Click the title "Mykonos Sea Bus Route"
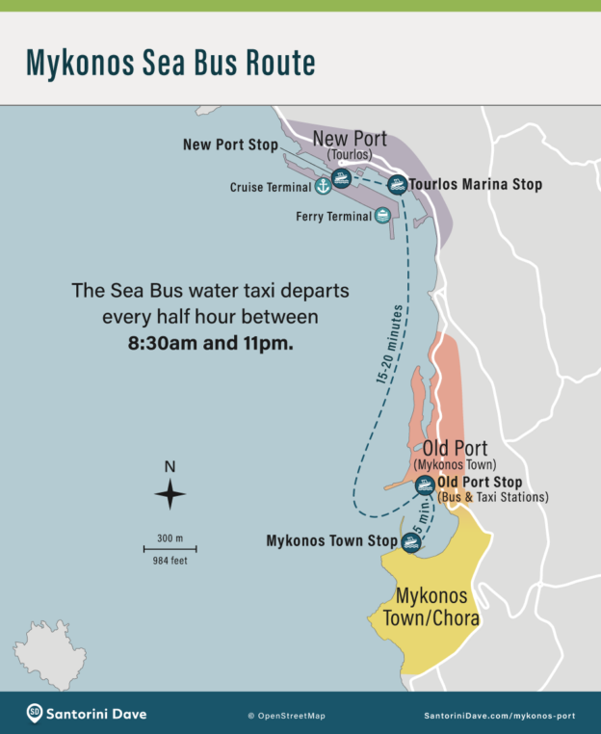pos(170,63)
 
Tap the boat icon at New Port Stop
pos(340,178)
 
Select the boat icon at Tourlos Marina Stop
pos(396,184)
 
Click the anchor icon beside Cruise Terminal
pos(323,186)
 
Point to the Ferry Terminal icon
pos(382,217)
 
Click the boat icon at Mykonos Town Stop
pos(411,542)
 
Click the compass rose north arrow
pos(170,494)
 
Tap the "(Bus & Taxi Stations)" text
pos(492,497)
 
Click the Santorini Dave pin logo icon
pos(35,713)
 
